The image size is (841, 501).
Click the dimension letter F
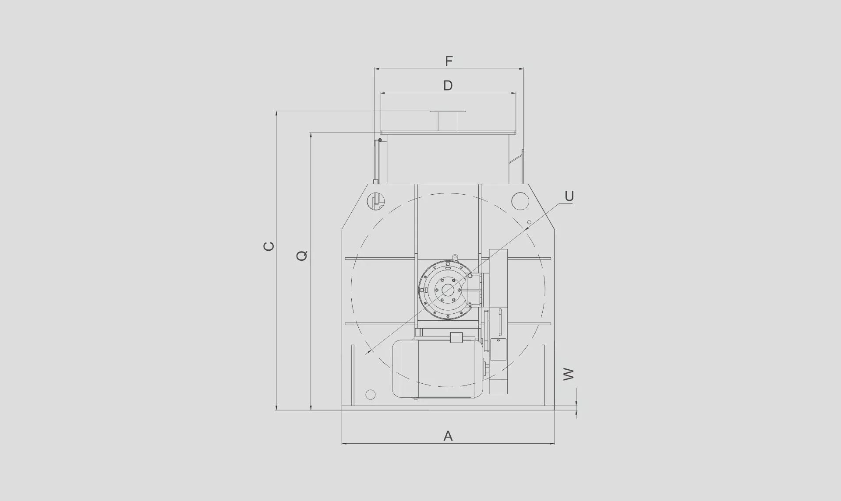click(449, 61)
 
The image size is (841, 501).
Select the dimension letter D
click(448, 86)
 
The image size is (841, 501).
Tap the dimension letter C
click(269, 246)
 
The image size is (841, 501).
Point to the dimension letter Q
click(302, 256)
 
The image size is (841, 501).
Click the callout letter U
click(569, 196)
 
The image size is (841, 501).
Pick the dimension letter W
click(568, 374)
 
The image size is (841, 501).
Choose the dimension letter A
click(448, 436)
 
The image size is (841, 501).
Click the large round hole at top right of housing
click(520, 201)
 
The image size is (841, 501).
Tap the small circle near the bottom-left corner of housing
click(371, 395)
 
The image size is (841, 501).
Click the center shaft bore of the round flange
click(448, 290)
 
